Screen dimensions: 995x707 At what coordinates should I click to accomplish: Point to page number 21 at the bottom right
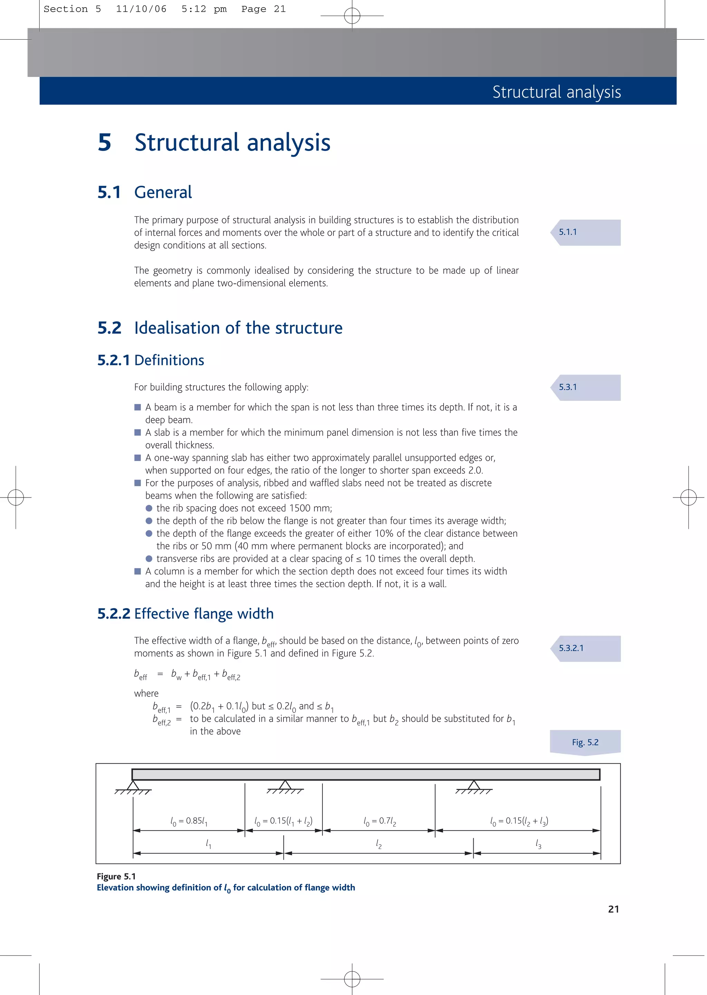[x=613, y=909]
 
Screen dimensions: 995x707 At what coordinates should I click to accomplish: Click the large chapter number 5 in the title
[x=105, y=143]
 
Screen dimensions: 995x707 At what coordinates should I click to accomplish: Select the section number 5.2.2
[x=114, y=614]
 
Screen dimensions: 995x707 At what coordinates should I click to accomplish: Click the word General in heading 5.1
[x=163, y=192]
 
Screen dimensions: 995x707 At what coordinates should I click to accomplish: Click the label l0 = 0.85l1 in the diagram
[x=188, y=821]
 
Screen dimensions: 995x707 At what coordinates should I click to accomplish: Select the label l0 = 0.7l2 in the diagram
[x=380, y=821]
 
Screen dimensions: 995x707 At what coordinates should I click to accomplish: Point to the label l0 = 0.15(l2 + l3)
[x=519, y=821]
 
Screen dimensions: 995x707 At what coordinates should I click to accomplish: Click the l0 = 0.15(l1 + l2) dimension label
[x=283, y=821]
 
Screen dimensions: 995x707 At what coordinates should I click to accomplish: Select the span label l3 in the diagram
[x=539, y=845]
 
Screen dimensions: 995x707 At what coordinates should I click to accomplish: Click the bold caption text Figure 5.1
[x=116, y=877]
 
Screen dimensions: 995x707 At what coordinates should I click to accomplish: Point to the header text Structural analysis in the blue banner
[x=556, y=92]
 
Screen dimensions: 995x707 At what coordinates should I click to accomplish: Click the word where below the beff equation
[x=146, y=693]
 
